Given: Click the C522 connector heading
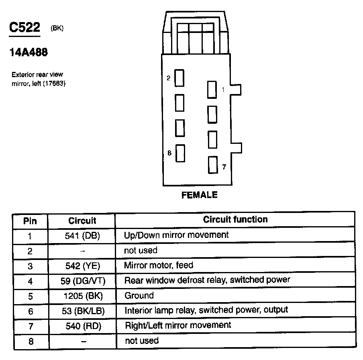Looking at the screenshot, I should coord(25,28).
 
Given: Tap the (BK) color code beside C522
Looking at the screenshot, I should coord(57,28).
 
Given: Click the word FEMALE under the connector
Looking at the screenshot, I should coord(200,195).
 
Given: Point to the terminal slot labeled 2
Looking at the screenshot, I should coord(179,78).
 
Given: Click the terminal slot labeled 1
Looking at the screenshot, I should coord(212,89).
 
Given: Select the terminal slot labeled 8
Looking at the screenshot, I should coord(180,153).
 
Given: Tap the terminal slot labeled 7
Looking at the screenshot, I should coord(212,165).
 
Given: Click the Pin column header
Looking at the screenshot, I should coord(30,221).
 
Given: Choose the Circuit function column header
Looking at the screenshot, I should coord(235,219).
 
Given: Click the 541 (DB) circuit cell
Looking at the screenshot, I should coord(82,236).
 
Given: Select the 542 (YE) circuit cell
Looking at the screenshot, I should coord(82,266).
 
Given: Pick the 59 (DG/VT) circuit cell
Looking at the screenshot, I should coord(82,281).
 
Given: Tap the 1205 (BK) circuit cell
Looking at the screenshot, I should coord(82,296).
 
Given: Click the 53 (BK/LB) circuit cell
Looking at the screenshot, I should coord(82,311).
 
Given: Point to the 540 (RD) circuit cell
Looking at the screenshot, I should coord(82,326).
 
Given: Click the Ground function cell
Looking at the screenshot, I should coord(139,296).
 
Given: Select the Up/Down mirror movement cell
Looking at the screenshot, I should coord(176,235).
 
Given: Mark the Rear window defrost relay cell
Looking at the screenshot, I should coord(207,280).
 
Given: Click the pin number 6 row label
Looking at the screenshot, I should coord(30,311).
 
